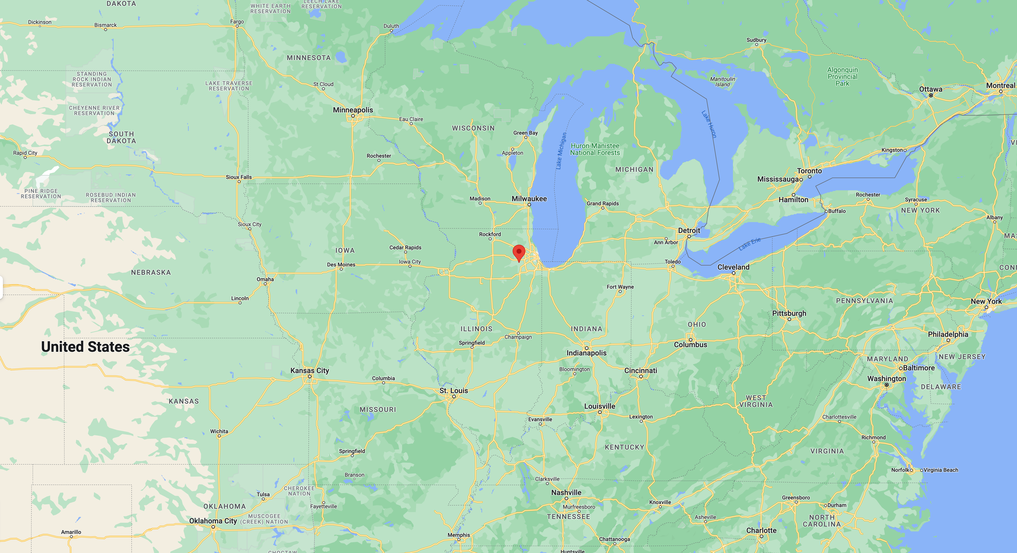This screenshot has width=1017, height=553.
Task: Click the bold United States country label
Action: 85,347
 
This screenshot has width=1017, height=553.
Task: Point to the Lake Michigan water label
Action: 561,151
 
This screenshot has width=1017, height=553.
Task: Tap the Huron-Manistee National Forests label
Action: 595,149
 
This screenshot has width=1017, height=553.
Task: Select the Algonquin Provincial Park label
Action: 842,77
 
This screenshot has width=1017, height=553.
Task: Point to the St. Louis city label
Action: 454,390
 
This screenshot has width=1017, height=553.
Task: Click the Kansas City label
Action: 310,370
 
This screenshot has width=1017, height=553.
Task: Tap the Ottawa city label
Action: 930,89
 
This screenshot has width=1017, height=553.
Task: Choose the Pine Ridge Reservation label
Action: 41,193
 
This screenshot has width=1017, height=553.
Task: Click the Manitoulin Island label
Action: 722,82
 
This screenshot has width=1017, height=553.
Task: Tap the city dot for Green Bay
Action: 525,137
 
